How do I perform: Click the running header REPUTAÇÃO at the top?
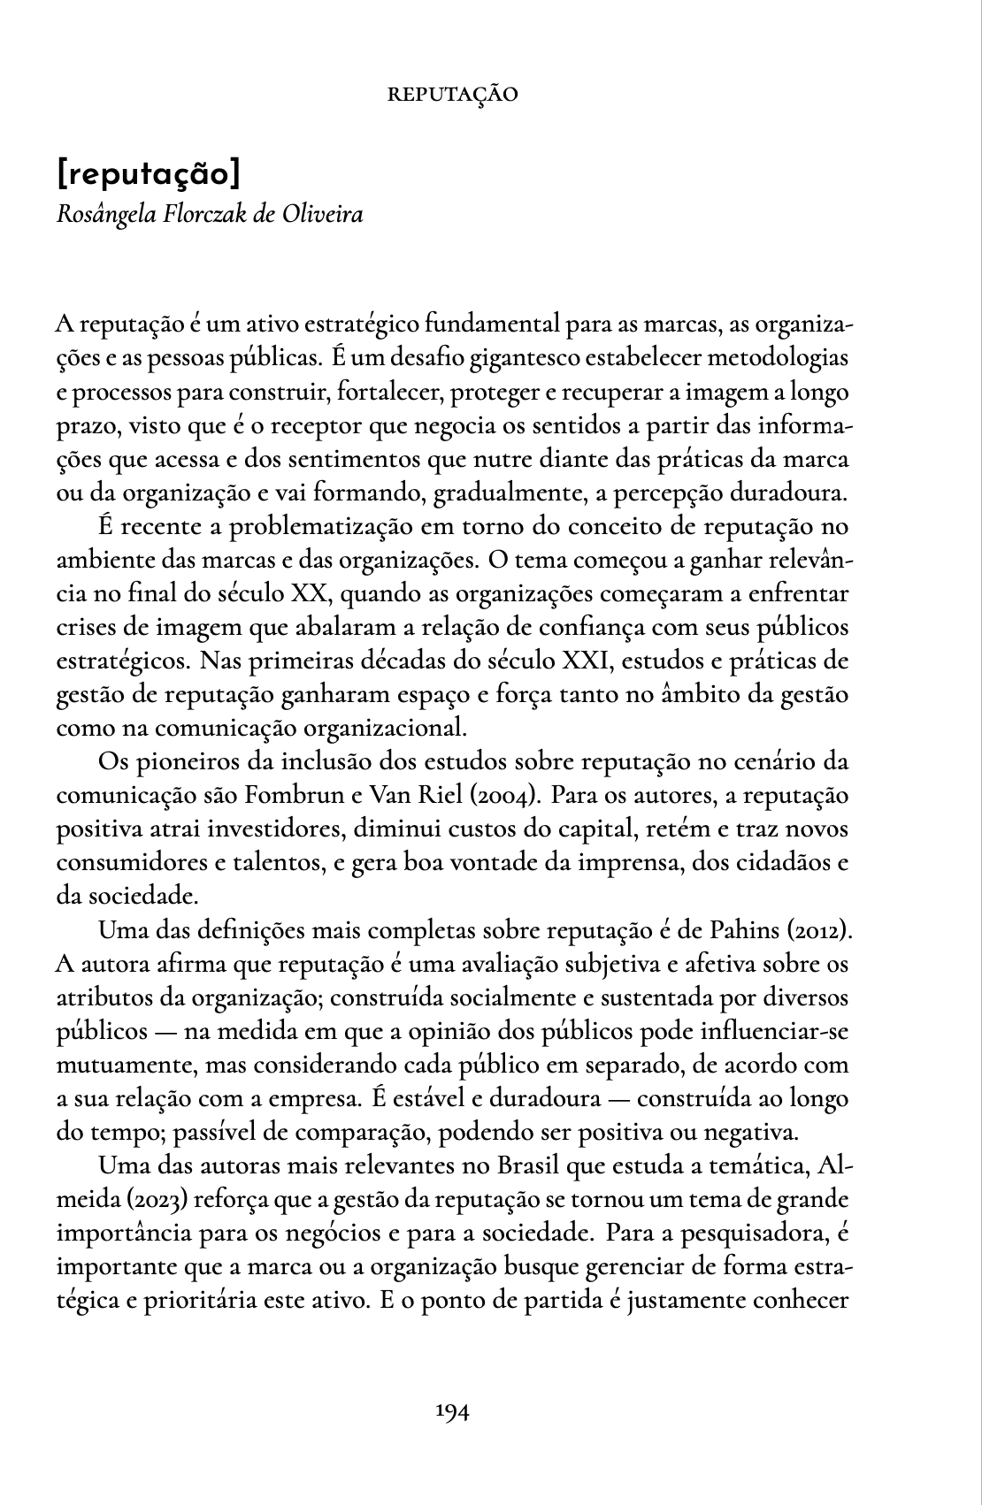[x=453, y=94]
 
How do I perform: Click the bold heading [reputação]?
[x=148, y=174]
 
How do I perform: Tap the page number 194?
[x=452, y=1411]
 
